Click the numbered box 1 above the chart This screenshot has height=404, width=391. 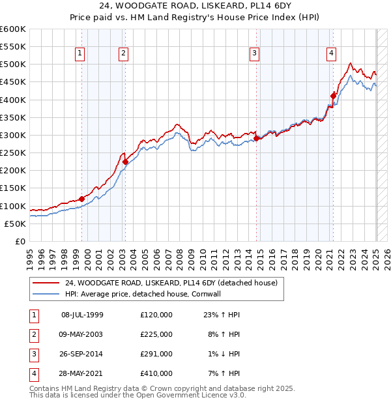[x=80, y=53]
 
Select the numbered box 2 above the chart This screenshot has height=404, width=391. [x=123, y=53]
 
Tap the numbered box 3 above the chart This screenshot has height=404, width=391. [x=254, y=53]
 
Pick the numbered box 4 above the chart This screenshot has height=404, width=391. [x=332, y=53]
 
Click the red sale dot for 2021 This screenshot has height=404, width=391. [x=333, y=96]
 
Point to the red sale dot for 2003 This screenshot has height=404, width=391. [x=125, y=162]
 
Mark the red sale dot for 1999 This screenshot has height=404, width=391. [x=81, y=199]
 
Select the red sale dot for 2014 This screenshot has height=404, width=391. [x=256, y=138]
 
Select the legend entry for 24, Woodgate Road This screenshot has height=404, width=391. [x=171, y=283]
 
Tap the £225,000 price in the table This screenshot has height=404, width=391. [x=156, y=334]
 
